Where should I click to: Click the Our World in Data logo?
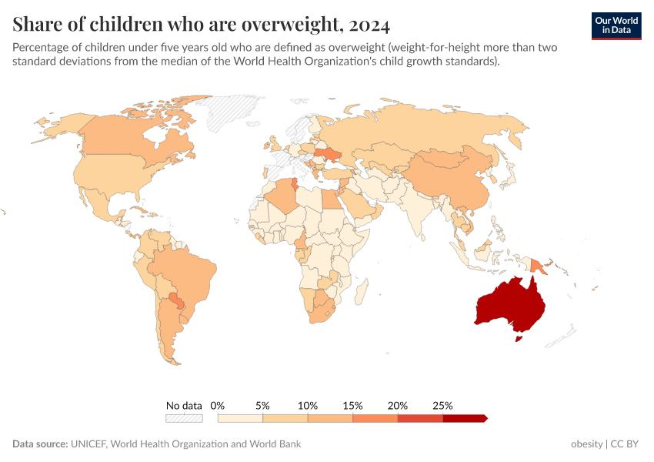tap(616, 25)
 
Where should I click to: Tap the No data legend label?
tap(184, 405)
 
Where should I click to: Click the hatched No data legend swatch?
tap(184, 418)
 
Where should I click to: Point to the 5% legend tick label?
tap(263, 405)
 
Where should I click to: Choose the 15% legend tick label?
tap(352, 405)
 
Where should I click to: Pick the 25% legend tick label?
tap(442, 405)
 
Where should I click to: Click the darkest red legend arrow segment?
tap(465, 418)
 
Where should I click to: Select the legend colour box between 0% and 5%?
tap(241, 418)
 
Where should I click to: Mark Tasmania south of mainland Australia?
tap(518, 336)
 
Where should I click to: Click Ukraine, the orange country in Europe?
tap(332, 155)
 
